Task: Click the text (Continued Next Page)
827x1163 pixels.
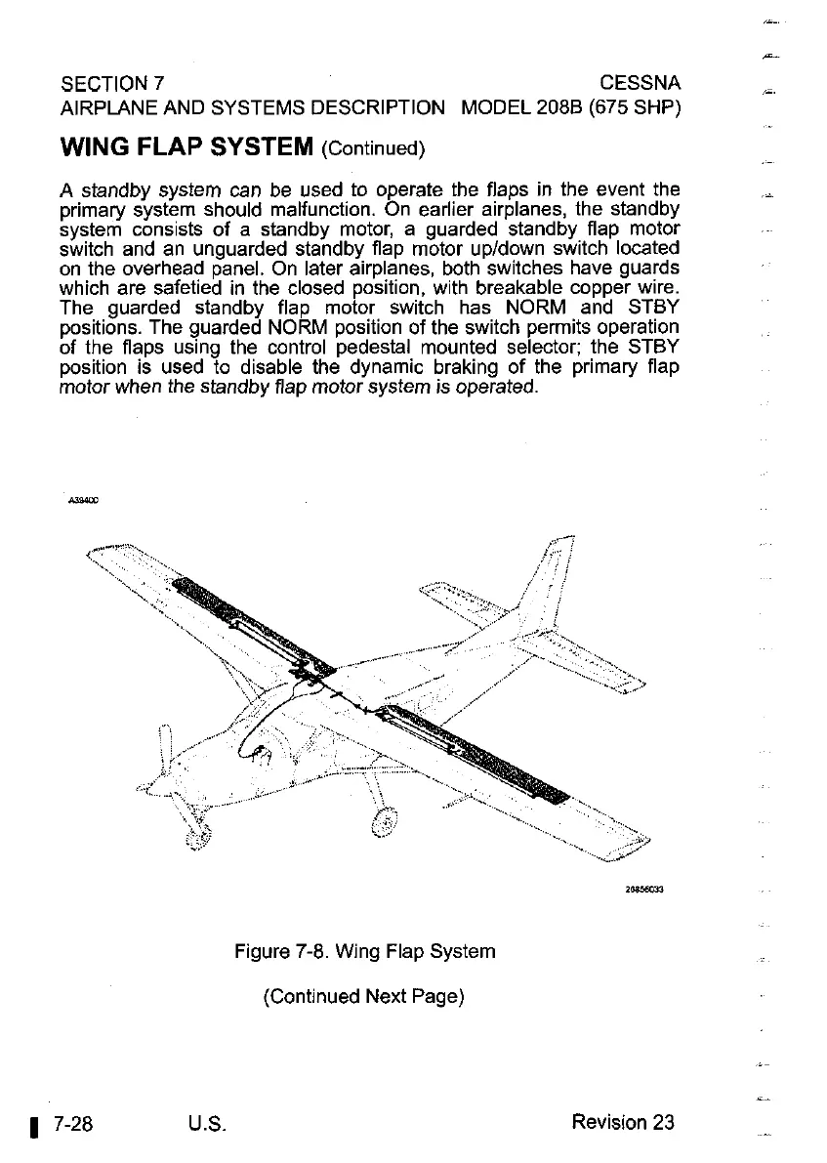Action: click(363, 997)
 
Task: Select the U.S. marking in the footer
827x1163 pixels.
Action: click(210, 1123)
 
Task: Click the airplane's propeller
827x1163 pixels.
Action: click(174, 781)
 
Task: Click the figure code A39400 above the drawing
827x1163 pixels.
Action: click(83, 500)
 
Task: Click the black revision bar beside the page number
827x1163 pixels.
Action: click(33, 1126)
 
